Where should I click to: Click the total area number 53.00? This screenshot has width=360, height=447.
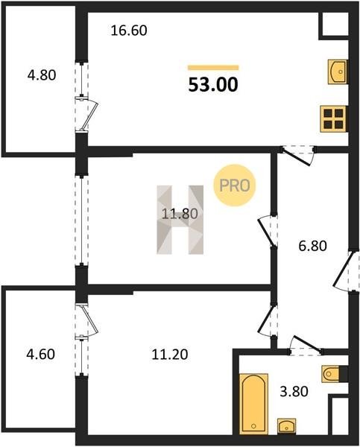point(213,85)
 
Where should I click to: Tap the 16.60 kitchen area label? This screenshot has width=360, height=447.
point(129,31)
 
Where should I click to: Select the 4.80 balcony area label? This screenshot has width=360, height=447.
point(42,75)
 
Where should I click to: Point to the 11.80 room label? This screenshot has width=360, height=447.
point(180,214)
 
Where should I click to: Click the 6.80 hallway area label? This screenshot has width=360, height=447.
point(312,246)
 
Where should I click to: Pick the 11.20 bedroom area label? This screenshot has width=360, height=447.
point(170,355)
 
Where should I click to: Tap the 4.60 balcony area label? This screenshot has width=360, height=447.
point(40,355)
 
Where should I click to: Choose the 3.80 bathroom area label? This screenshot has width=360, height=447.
point(294,391)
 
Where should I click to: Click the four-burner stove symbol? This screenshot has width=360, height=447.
point(333,119)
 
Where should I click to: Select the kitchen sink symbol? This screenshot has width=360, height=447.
point(338,72)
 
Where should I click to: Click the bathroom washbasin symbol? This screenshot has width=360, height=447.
point(287,426)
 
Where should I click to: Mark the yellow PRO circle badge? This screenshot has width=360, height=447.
point(235,186)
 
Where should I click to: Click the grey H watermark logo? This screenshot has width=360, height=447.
point(180,220)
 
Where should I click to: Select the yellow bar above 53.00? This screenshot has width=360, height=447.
point(213,68)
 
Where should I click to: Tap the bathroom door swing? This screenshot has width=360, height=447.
point(306,346)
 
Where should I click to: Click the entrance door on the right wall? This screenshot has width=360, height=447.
point(345,271)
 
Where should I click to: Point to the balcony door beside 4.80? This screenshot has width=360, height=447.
point(86,114)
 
